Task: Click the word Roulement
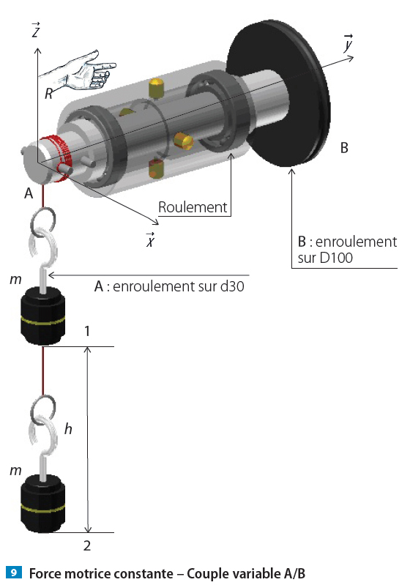click(x=193, y=207)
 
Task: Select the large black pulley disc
click(x=278, y=93)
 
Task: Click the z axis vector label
click(x=36, y=30)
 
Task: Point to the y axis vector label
click(x=348, y=42)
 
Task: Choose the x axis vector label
click(x=150, y=239)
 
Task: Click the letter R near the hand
click(x=48, y=94)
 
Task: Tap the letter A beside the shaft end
click(x=29, y=193)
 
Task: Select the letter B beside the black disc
click(x=344, y=148)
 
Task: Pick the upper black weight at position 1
click(x=42, y=316)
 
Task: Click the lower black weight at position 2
click(x=42, y=503)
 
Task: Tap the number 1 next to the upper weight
click(x=87, y=331)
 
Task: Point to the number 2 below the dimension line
click(x=87, y=545)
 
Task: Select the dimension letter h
click(x=68, y=428)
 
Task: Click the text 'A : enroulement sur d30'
click(x=169, y=286)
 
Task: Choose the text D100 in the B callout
click(x=336, y=258)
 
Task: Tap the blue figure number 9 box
click(x=14, y=573)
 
